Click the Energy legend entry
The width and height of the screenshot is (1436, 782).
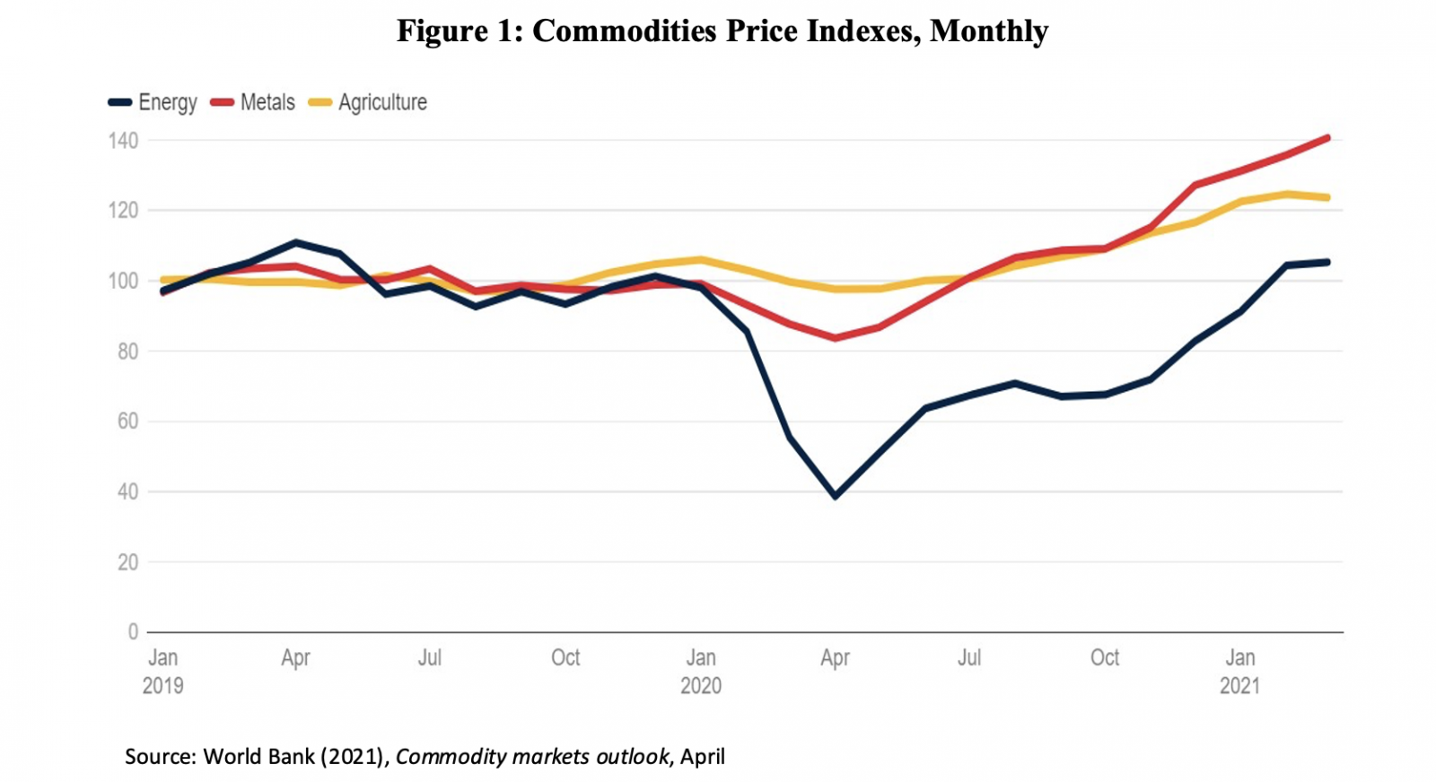[153, 102]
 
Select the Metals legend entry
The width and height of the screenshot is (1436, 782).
[253, 102]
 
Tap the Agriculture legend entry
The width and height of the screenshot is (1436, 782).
[368, 102]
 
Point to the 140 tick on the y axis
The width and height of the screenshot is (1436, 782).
[123, 141]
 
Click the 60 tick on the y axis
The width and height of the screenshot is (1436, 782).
[127, 421]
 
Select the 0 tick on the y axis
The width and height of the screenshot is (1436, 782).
[133, 632]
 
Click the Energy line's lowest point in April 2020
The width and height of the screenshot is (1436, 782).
[836, 496]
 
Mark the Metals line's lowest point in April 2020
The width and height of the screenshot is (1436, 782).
[836, 338]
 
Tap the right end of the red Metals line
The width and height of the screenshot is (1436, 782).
[1327, 138]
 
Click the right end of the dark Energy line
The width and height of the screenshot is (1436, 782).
[1327, 262]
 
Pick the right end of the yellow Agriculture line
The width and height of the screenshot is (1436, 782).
[1327, 197]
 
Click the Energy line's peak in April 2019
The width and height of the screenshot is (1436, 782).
[296, 242]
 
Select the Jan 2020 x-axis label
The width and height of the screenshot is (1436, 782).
[701, 671]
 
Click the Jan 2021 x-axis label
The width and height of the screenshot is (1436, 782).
[1239, 671]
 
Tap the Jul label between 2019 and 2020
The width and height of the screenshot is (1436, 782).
[430, 657]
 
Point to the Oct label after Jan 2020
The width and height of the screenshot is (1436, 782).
[1105, 657]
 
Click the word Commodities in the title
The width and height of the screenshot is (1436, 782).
[624, 30]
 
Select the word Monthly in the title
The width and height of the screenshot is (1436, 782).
[989, 30]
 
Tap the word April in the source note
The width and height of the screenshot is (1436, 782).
[702, 756]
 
